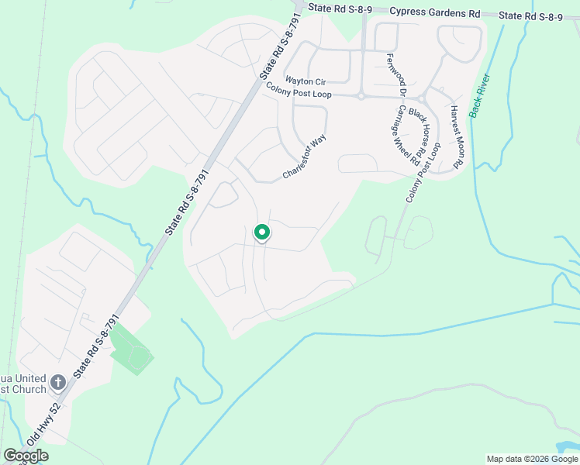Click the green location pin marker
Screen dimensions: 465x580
coord(262,232)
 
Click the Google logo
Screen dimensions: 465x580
coord(26,456)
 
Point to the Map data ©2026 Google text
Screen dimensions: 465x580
coord(531,459)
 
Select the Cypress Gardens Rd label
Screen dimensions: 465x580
coord(435,12)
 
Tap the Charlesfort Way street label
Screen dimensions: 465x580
coord(305,157)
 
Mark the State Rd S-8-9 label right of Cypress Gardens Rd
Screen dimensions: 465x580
coord(530,15)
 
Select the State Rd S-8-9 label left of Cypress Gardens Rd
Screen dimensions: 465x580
coord(340,7)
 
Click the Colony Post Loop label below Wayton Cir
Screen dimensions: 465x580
coord(299,93)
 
